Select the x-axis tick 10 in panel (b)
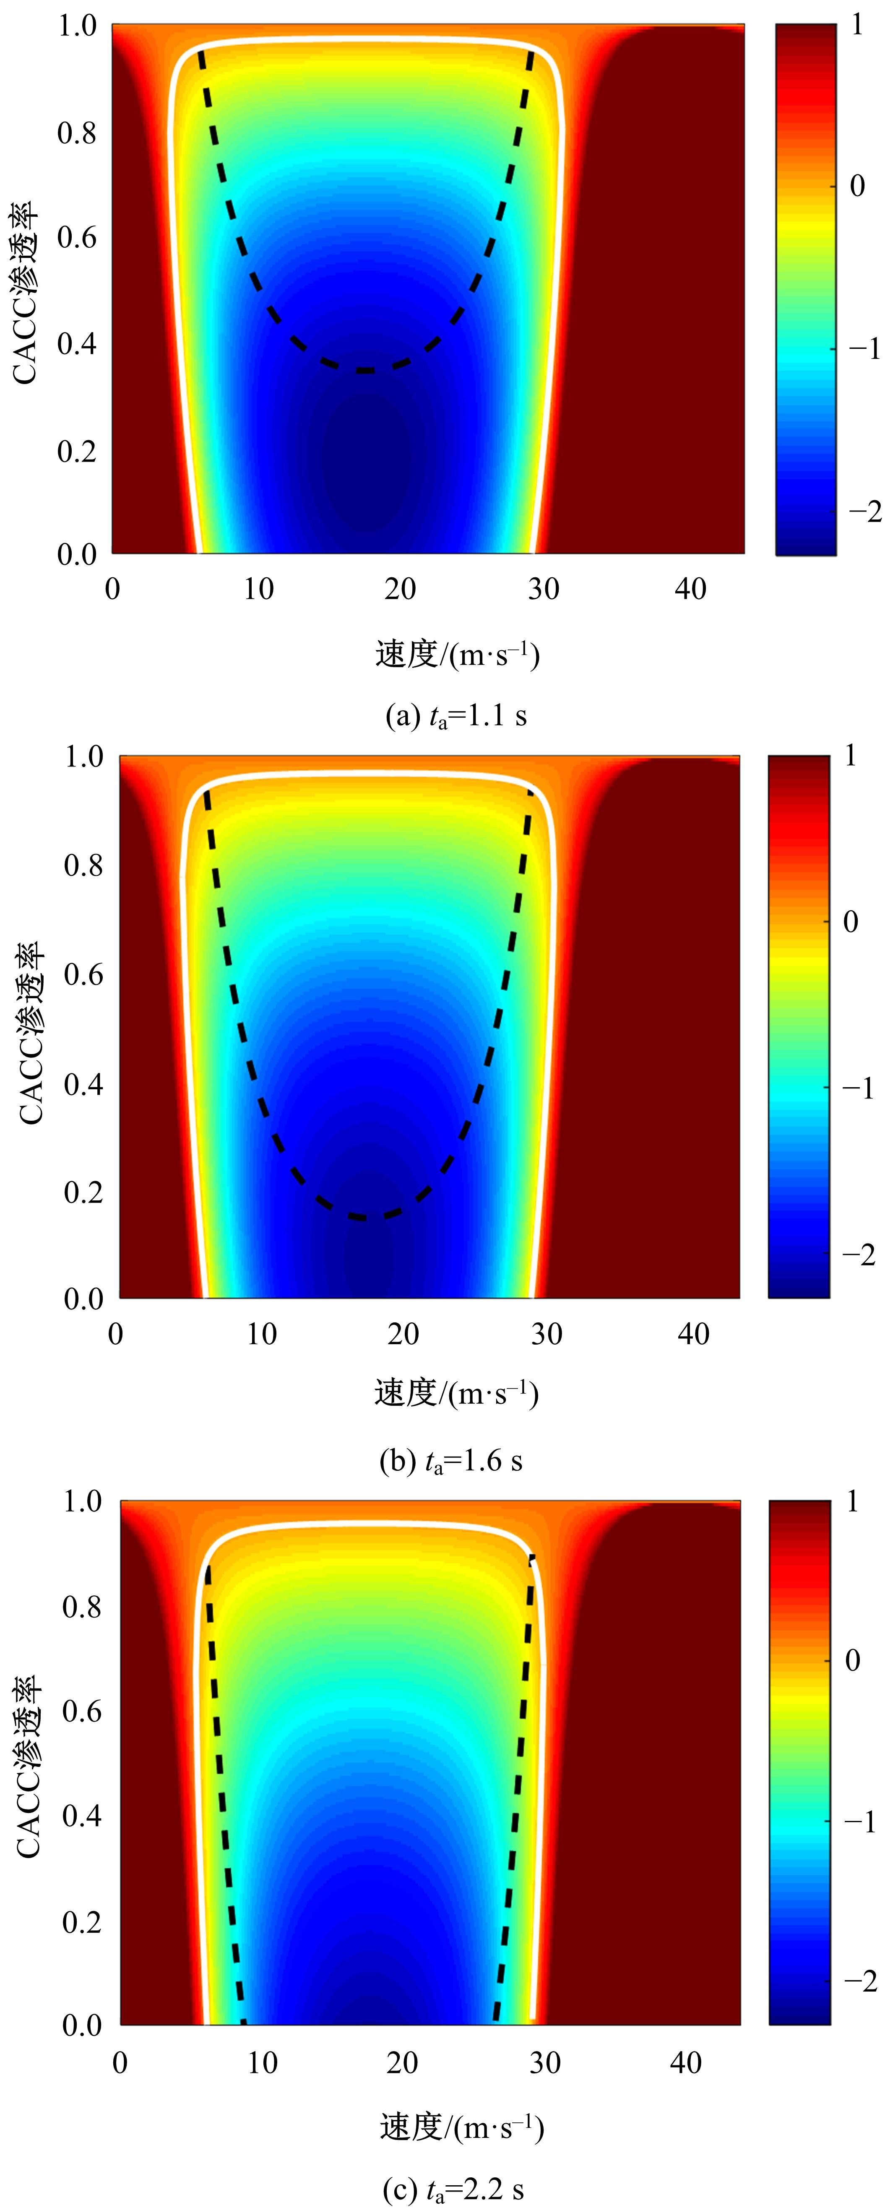tap(261, 1334)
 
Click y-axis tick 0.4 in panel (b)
tap(83, 1084)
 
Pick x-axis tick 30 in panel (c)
tap(544, 2062)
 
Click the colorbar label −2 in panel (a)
tap(864, 512)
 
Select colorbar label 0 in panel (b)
tap(850, 922)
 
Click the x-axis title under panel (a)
tap(457, 655)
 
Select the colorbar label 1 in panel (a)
tap(856, 26)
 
